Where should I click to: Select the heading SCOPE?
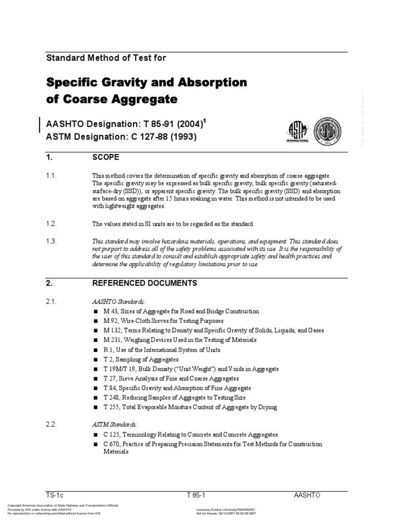pyautogui.click(x=105, y=158)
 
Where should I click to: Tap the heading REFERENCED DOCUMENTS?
pyautogui.click(x=144, y=283)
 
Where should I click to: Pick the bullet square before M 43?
pyautogui.click(x=95, y=312)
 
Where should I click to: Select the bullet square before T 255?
pyautogui.click(x=95, y=407)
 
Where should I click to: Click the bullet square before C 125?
pyautogui.click(x=95, y=434)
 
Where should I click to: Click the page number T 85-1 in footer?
pyautogui.click(x=198, y=495)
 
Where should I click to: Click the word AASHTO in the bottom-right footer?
pyautogui.click(x=308, y=495)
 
